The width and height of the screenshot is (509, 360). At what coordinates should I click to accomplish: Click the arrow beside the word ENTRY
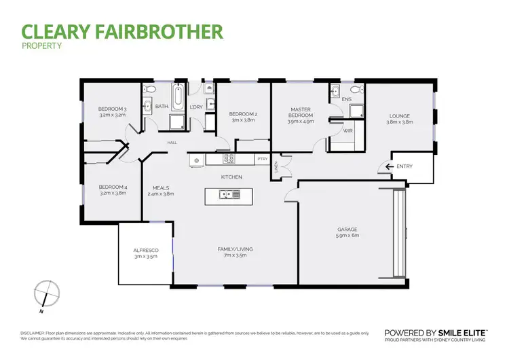[388, 166]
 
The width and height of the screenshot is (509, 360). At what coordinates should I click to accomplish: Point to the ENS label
[347, 99]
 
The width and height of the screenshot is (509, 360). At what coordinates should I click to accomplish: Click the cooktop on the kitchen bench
[229, 160]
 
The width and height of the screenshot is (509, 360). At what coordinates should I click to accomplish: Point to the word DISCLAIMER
[32, 333]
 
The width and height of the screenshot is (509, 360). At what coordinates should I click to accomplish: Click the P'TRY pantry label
[262, 160]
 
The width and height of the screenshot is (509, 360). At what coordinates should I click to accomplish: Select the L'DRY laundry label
[196, 107]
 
